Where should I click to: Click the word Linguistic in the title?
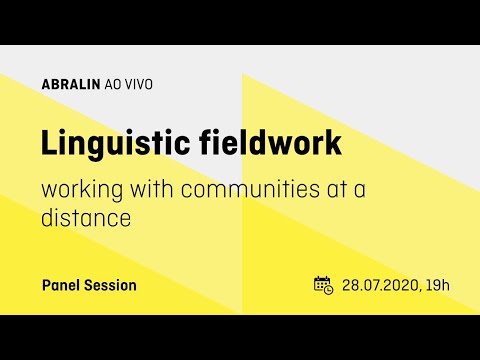(109, 143)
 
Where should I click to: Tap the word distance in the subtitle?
(86, 217)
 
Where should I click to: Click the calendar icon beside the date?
(323, 285)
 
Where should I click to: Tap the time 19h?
(439, 285)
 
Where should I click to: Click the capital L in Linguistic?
(48, 142)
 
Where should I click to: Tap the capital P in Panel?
(46, 285)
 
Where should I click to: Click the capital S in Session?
(89, 285)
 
